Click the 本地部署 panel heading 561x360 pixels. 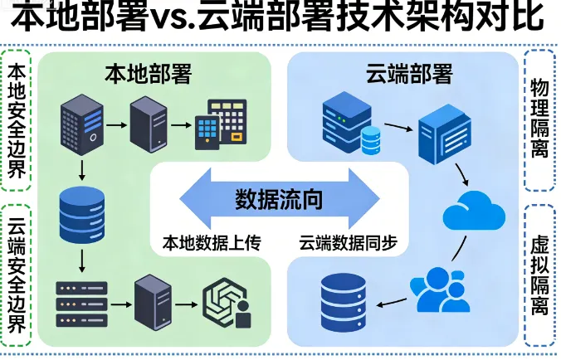(x=149, y=75)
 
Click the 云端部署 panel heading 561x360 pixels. (x=409, y=75)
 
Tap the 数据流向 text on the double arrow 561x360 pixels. (x=279, y=200)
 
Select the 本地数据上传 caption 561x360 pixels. (x=211, y=243)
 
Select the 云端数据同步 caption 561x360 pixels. (x=349, y=243)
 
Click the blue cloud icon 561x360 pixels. (x=474, y=211)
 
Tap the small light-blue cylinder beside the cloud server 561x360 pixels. (x=369, y=142)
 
